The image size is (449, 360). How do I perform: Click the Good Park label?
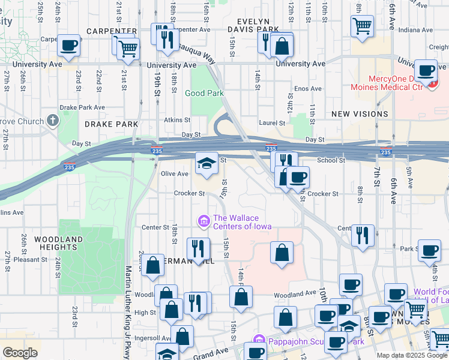[x=204, y=93]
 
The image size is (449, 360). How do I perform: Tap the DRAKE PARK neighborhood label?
[x=111, y=124]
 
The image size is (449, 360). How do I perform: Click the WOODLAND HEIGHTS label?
[x=58, y=243]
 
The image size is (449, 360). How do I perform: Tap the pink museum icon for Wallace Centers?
[x=203, y=222]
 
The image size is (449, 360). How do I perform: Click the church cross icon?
[x=53, y=121]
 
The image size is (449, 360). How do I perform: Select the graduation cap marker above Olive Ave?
[x=206, y=163]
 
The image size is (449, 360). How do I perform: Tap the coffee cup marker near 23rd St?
[x=68, y=45]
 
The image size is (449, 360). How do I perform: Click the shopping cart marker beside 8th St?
[x=362, y=26]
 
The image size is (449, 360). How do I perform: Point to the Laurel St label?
[x=273, y=123]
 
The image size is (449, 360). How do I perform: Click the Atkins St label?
[x=177, y=120]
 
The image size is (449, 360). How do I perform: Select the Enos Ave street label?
[x=308, y=88]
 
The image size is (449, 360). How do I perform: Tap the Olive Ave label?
[x=174, y=173]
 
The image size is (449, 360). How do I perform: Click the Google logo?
[x=20, y=352]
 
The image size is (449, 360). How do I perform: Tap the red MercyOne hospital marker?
[x=432, y=84]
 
